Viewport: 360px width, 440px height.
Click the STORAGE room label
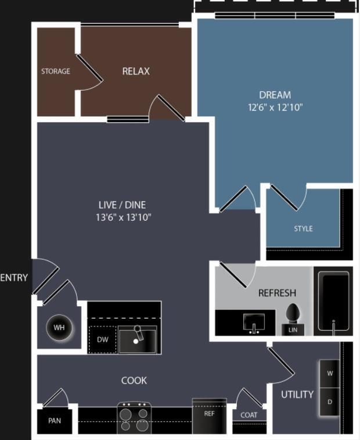[56, 71]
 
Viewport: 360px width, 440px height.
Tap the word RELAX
[136, 71]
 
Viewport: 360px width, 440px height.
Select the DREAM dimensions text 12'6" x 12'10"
[275, 107]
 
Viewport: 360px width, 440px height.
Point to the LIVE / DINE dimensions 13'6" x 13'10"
[123, 217]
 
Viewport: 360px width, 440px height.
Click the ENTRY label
[14, 278]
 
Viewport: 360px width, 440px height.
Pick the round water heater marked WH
[59, 327]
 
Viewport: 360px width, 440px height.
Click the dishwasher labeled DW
[102, 339]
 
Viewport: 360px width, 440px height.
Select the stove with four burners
[134, 418]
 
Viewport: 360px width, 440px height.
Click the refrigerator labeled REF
[210, 416]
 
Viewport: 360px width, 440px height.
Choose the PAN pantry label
[55, 421]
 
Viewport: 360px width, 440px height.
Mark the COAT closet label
[249, 415]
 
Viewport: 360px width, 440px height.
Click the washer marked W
[330, 374]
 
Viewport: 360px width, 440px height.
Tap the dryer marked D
[330, 402]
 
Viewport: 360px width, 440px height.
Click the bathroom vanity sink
[254, 323]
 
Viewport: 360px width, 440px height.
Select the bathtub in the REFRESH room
[333, 301]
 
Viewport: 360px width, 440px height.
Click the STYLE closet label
[303, 228]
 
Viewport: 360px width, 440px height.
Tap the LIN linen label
[293, 330]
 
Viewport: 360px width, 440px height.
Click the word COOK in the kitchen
[134, 381]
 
